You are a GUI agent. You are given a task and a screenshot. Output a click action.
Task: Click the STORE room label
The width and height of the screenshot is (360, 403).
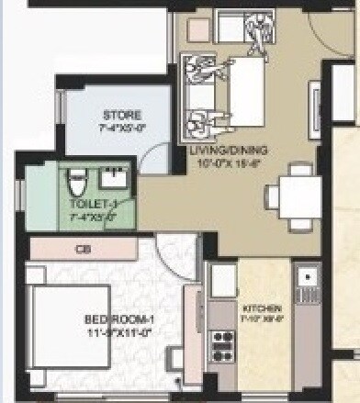(x=121, y=115)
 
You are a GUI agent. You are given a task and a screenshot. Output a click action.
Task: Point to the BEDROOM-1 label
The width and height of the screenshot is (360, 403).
(x=119, y=319)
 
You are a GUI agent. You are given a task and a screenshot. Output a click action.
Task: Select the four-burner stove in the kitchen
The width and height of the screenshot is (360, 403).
(x=222, y=346)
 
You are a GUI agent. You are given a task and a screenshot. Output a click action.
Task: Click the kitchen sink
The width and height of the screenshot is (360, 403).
(x=308, y=276)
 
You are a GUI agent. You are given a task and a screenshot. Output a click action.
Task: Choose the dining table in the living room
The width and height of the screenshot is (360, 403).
(x=298, y=195)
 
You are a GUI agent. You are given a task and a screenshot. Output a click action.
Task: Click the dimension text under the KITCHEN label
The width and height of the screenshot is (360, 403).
(x=259, y=319)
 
